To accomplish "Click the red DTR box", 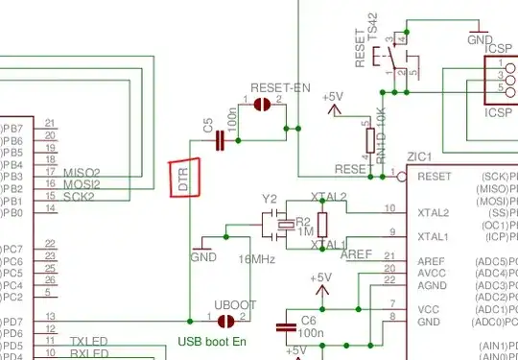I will click(186, 178).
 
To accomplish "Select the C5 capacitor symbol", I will click(221, 141).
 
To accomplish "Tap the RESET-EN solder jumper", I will click(263, 105).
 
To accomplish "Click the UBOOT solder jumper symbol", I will click(226, 321).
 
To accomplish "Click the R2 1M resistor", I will click(322, 225).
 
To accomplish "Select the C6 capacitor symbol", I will click(286, 326).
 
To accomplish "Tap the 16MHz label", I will click(261, 259).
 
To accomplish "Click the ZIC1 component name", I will click(418, 156).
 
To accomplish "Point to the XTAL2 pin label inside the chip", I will click(434, 212).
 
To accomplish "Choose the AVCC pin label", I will click(432, 273).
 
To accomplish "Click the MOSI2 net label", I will click(82, 183).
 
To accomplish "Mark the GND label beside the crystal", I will click(203, 257).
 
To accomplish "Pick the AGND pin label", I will click(433, 285).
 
